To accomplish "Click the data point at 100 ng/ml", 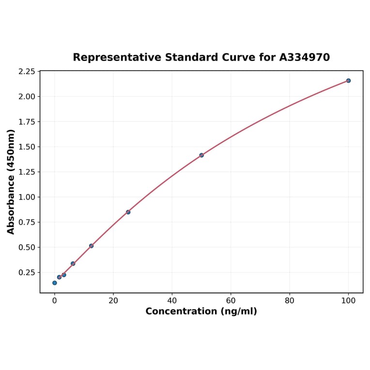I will click(348, 80).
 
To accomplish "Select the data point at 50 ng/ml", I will click(201, 155).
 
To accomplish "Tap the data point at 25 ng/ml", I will click(128, 212).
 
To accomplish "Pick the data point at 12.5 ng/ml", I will click(91, 246).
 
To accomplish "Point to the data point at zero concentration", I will click(55, 283).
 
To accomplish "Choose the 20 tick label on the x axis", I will click(113, 301).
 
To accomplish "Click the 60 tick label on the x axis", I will click(231, 301).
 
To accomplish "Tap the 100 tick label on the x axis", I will click(348, 301).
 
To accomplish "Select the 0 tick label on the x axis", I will click(55, 301).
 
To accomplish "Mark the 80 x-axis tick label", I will click(290, 301).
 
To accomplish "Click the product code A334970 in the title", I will click(305, 58).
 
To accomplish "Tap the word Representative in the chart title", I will click(117, 58).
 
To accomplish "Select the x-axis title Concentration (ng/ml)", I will click(201, 311).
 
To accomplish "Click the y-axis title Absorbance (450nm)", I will click(11, 182).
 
